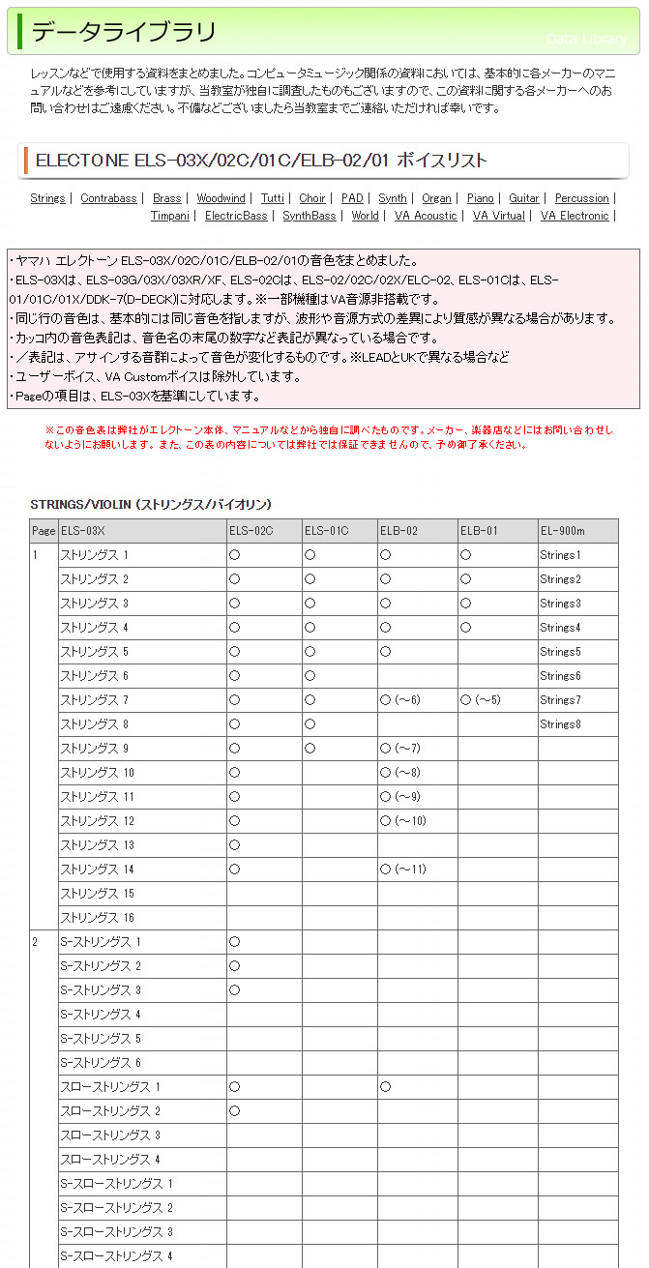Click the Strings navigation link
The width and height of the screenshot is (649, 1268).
click(47, 198)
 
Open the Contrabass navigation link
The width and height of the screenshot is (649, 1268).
click(108, 198)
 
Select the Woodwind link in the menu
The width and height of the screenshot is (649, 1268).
click(221, 198)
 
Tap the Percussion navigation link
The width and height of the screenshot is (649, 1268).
click(581, 198)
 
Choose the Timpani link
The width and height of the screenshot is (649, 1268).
click(169, 216)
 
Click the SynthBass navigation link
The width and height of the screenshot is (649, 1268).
click(310, 216)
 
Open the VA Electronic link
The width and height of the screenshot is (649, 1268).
click(575, 216)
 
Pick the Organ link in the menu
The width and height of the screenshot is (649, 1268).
click(436, 198)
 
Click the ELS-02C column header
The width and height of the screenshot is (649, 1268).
click(251, 531)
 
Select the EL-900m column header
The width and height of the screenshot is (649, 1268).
click(562, 531)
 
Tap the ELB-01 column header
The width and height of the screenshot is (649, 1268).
click(479, 531)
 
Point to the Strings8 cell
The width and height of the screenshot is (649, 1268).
click(560, 724)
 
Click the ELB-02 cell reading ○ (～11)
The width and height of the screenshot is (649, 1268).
click(403, 870)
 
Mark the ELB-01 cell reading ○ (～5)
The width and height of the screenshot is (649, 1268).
click(481, 700)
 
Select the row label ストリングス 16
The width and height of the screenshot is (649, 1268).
click(98, 918)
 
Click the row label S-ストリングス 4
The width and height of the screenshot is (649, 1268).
click(101, 1015)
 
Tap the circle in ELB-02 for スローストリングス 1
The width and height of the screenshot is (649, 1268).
click(385, 1087)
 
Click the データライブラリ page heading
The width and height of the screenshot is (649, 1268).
click(124, 33)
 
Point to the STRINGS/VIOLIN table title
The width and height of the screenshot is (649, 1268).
click(151, 505)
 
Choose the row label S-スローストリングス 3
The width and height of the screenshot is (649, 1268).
click(116, 1232)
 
